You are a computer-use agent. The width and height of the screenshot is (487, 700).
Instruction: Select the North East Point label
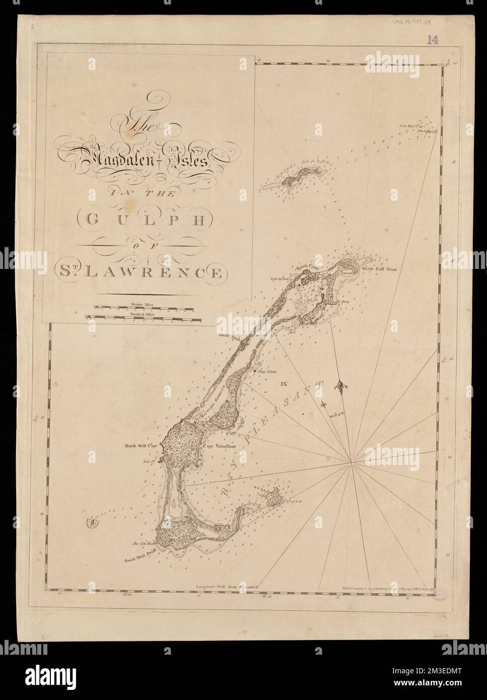pos(378,269)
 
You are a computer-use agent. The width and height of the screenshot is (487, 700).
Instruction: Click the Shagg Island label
pos(267,371)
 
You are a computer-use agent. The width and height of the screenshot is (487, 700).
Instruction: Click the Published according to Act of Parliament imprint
pos(390,587)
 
